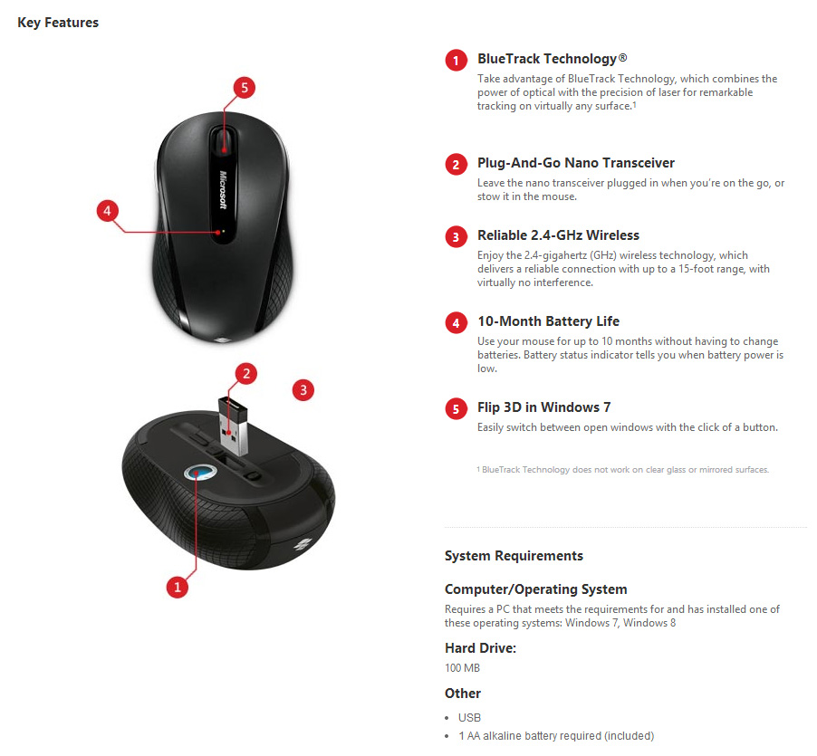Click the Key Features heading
58,23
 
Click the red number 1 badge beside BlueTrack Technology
456,61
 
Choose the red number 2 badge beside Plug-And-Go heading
456,165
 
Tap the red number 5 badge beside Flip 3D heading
456,409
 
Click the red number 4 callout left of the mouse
108,212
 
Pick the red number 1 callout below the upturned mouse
178,587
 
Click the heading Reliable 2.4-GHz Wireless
558,235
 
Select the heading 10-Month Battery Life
548,321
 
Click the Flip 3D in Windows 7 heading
543,407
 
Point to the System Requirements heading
514,556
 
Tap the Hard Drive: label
480,648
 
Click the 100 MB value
462,668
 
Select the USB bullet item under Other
469,717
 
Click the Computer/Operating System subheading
535,589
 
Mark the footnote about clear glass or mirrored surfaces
622,470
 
